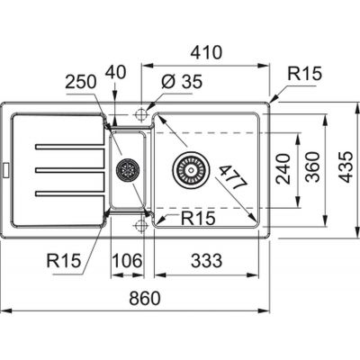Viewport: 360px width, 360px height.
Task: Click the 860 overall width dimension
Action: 145,298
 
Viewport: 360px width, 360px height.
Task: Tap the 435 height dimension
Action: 348,166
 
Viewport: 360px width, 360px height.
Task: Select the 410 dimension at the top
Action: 207,52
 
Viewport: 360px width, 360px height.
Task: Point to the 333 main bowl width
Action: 207,260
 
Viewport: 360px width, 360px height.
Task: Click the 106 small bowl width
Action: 128,260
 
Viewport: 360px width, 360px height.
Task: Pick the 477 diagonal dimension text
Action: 234,177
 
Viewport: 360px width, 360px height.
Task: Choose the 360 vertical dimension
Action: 313,166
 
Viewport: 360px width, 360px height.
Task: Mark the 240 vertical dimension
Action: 283,168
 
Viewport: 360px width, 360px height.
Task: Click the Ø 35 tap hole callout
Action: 182,82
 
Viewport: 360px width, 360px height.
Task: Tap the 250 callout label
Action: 81,82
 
